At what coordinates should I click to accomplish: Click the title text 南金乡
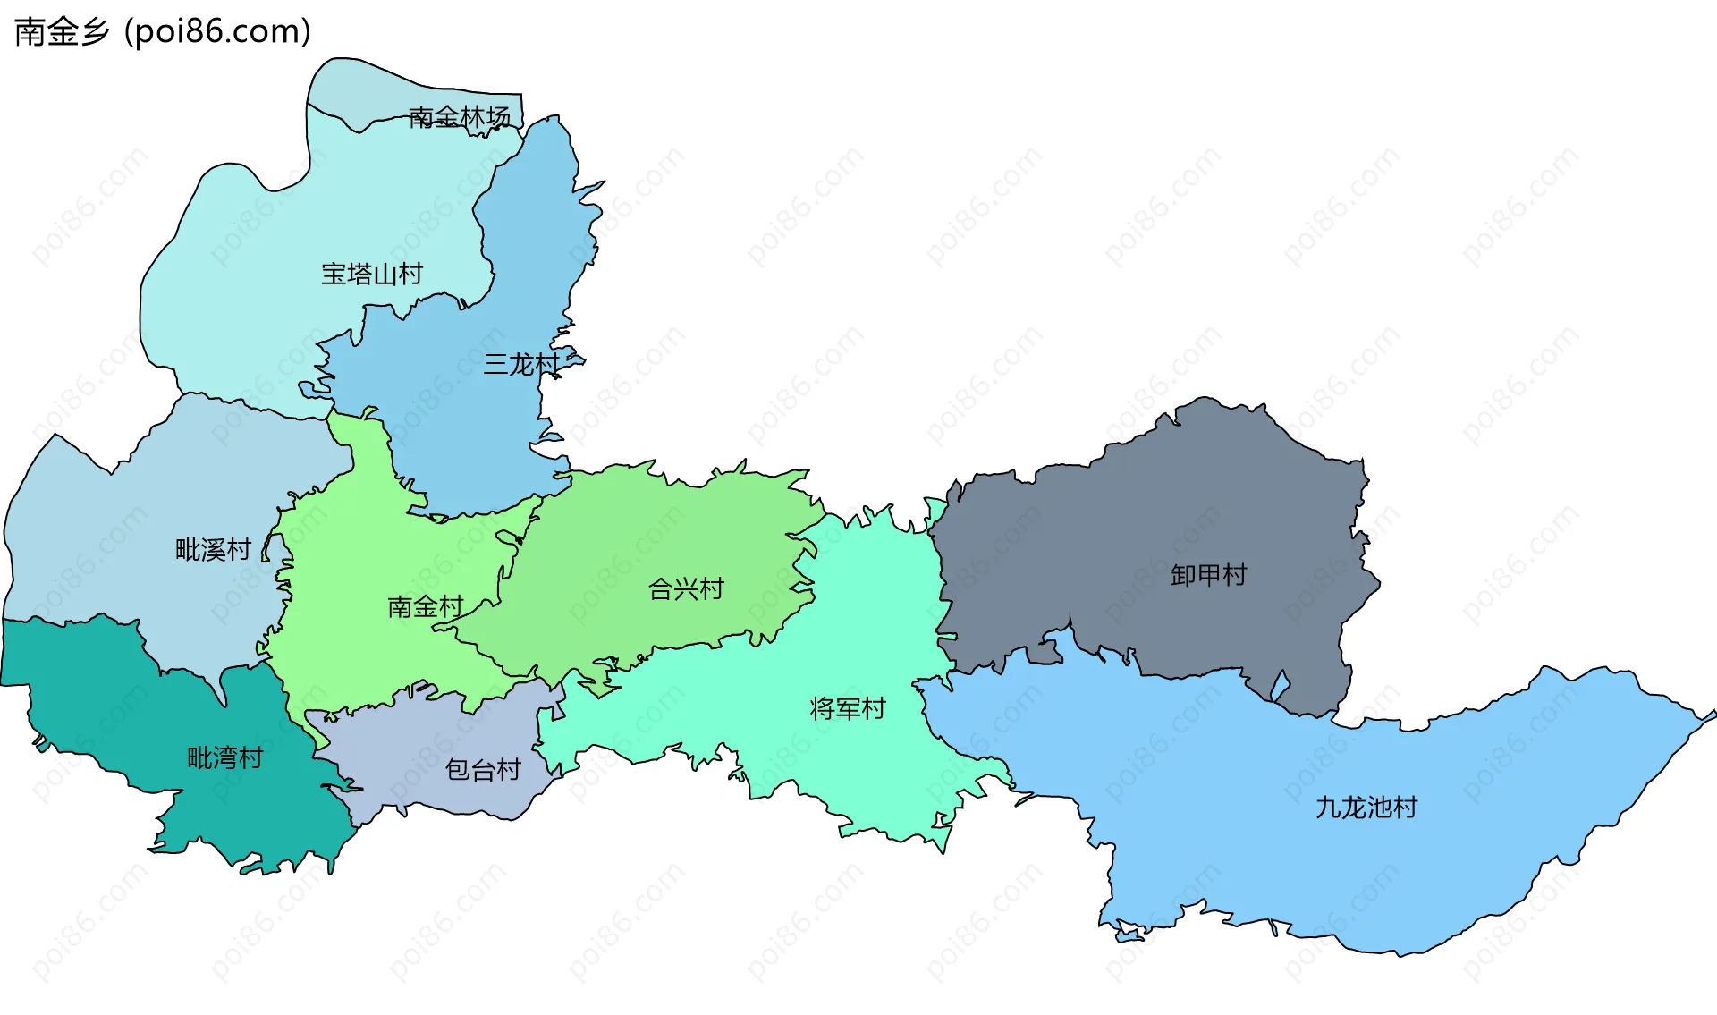(62, 32)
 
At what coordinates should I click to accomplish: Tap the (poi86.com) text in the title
(217, 32)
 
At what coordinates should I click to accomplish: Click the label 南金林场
(459, 117)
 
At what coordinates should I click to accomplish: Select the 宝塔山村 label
(372, 274)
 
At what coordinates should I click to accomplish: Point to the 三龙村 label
(520, 364)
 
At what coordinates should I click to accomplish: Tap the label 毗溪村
(213, 549)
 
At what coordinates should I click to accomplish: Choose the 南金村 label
(425, 607)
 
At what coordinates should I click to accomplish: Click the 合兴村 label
(686, 589)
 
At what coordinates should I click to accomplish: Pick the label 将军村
(847, 709)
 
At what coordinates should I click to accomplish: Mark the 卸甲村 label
(1208, 575)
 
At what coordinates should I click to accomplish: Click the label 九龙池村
(1366, 808)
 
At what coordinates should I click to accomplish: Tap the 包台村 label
(483, 769)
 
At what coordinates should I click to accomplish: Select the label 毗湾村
(224, 758)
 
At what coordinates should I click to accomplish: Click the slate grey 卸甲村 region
(1163, 501)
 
